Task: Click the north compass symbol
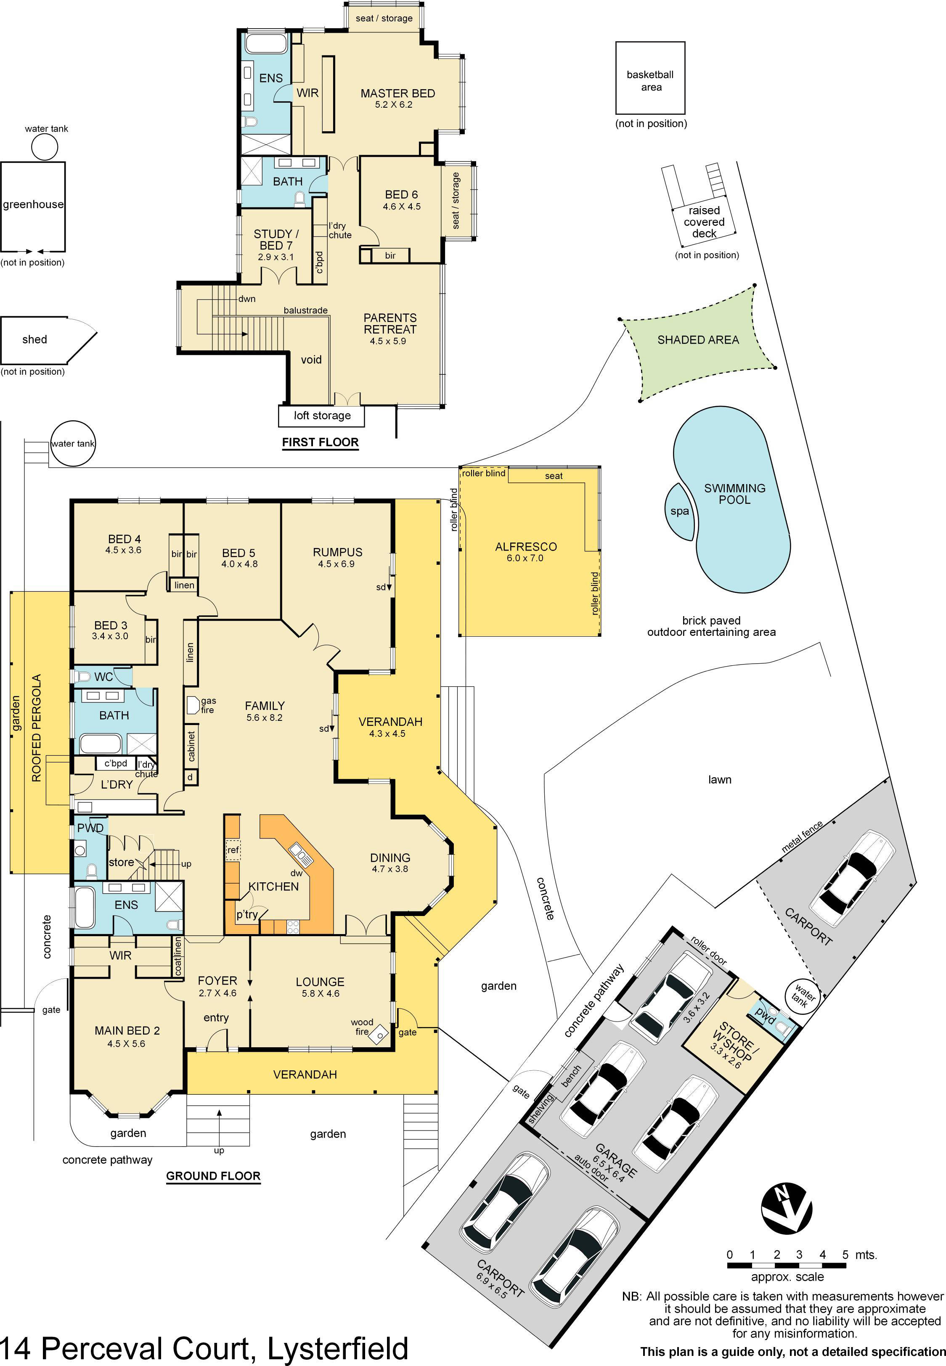tap(787, 1210)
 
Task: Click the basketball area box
tap(650, 78)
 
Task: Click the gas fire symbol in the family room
tap(193, 704)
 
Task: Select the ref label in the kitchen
tap(233, 850)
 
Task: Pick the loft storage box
tap(321, 416)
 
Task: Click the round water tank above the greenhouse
tap(45, 146)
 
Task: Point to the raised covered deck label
tap(704, 222)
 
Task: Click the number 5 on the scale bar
tap(845, 1255)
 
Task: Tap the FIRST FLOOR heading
tap(320, 442)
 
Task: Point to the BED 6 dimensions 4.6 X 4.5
tap(401, 207)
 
